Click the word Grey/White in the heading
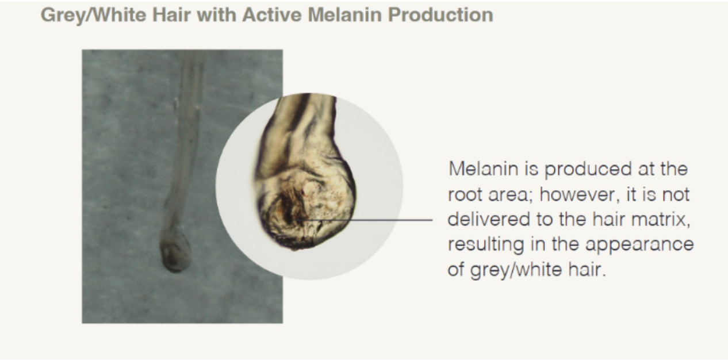click(x=94, y=16)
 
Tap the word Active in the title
click(x=271, y=14)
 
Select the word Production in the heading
click(x=440, y=14)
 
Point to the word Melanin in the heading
click(x=345, y=14)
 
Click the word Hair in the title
click(x=171, y=14)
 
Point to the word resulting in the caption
click(x=486, y=244)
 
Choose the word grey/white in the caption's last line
click(x=516, y=270)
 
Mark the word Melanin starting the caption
click(x=483, y=169)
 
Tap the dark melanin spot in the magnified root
click(x=288, y=210)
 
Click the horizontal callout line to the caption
click(x=366, y=220)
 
